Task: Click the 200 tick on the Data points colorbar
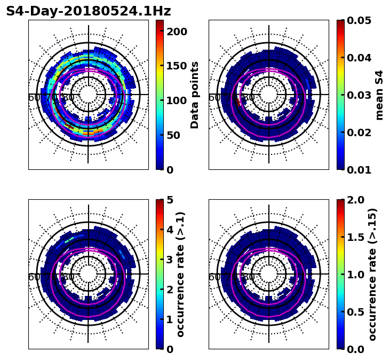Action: [176, 32]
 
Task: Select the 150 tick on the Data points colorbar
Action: [176, 66]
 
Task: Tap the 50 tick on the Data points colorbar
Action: [173, 135]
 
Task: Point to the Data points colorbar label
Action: [195, 95]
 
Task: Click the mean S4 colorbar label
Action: [379, 95]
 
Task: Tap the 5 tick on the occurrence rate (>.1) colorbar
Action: [170, 200]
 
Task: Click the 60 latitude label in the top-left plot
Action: [33, 98]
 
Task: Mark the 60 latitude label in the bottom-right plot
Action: [213, 277]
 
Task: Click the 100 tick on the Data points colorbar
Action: [176, 101]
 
